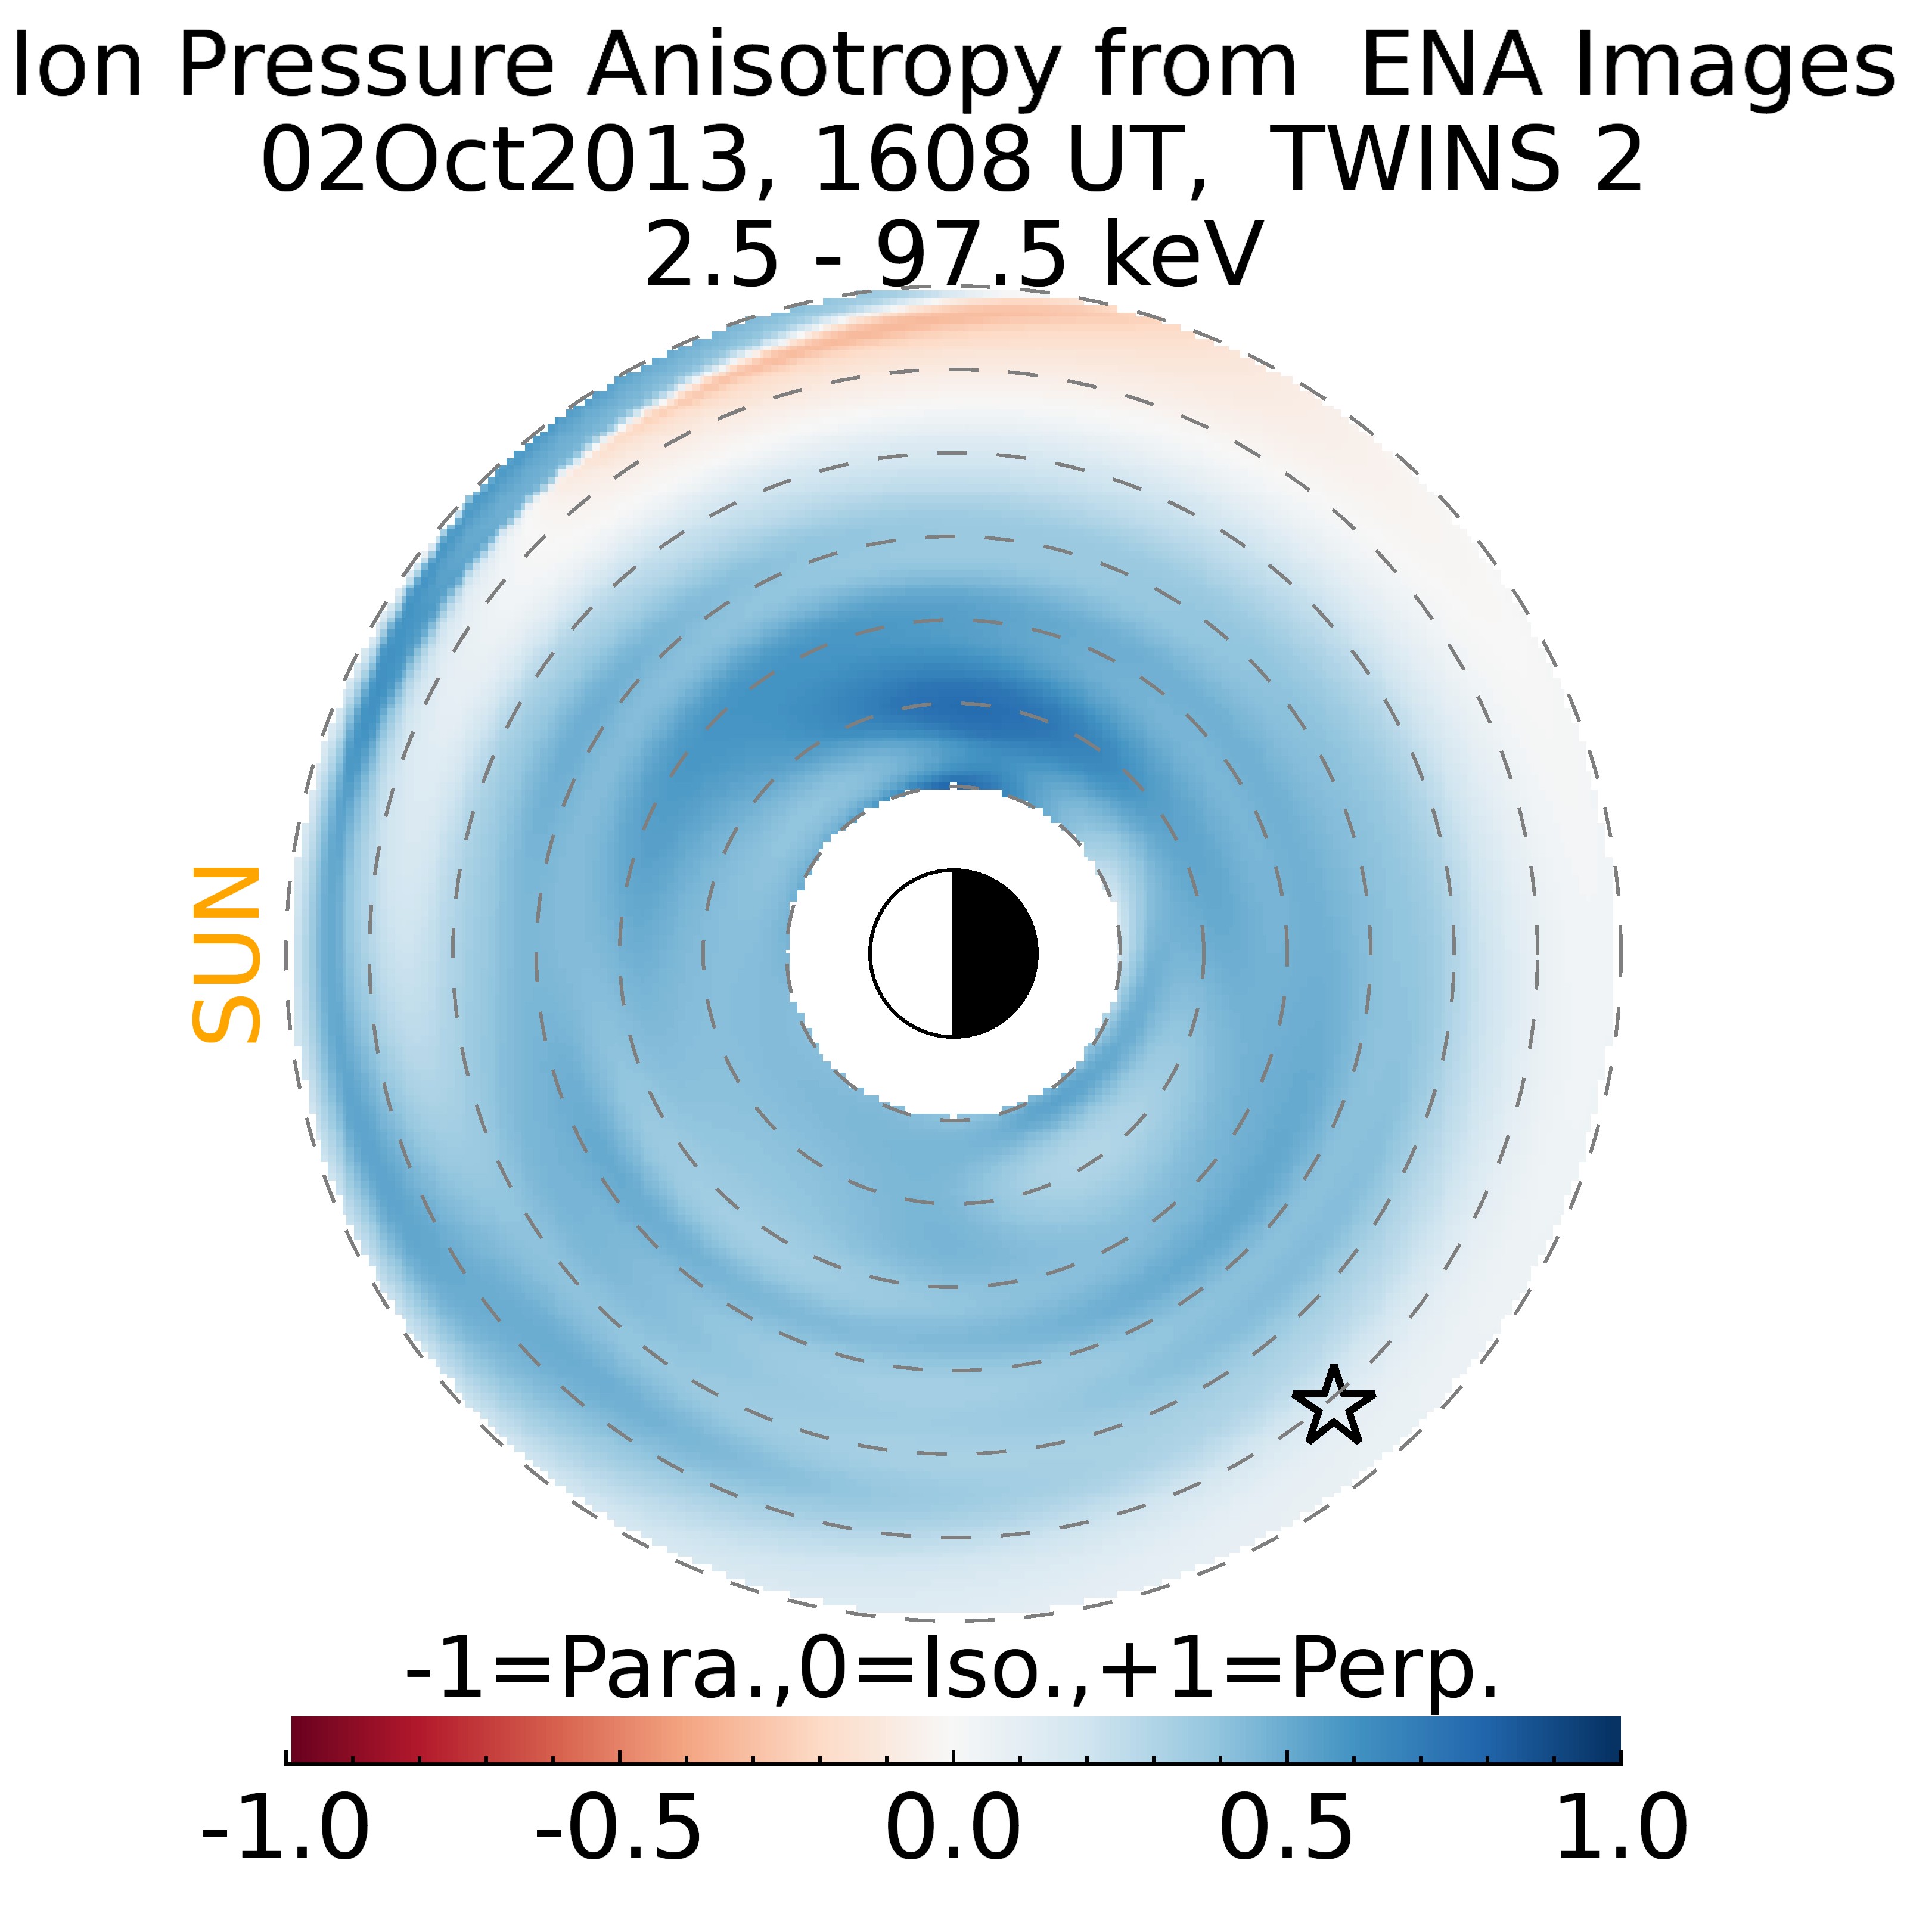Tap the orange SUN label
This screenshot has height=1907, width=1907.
pos(226,955)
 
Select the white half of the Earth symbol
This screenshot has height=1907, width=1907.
pos(911,953)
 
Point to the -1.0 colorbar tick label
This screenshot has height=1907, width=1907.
pos(285,1827)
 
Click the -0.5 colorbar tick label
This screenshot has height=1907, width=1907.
pos(619,1827)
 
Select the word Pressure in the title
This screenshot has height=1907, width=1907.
pos(365,65)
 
